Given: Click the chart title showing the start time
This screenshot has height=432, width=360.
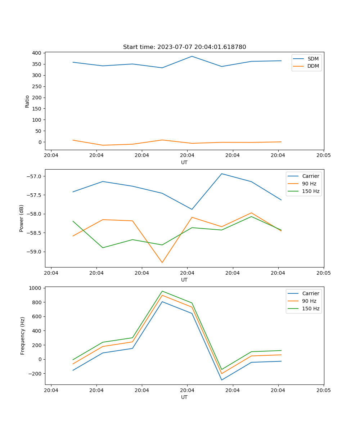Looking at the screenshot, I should pyautogui.click(x=184, y=47).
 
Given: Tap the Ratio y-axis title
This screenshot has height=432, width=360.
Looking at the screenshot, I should pyautogui.click(x=27, y=102).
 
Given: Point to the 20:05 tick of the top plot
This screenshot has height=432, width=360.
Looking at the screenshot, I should pyautogui.click(x=323, y=155).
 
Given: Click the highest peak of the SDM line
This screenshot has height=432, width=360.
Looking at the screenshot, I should pyautogui.click(x=192, y=56).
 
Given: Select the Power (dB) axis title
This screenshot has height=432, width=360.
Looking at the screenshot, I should pyautogui.click(x=22, y=218).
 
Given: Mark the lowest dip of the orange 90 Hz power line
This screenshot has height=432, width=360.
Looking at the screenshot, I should pyautogui.click(x=162, y=262).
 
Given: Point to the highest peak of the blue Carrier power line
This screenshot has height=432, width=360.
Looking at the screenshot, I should pyautogui.click(x=222, y=174).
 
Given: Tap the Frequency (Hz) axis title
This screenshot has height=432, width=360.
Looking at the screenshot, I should pyautogui.click(x=23, y=336).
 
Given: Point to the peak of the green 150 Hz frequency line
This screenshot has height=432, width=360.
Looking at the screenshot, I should pyautogui.click(x=162, y=291).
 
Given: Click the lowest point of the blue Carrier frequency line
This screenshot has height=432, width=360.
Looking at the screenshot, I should pyautogui.click(x=222, y=380).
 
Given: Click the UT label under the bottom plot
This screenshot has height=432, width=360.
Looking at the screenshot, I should pyautogui.click(x=184, y=397).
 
